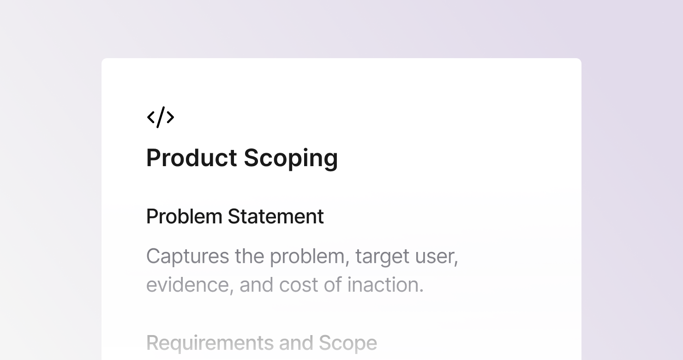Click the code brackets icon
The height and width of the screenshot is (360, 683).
click(161, 117)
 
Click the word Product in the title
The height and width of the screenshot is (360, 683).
click(192, 158)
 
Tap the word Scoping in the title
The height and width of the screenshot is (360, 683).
click(291, 158)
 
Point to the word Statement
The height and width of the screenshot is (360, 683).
click(276, 217)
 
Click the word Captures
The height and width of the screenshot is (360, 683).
click(187, 257)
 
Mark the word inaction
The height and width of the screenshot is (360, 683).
click(385, 284)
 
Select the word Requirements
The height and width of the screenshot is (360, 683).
click(210, 343)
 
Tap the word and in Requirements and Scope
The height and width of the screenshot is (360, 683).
click(296, 343)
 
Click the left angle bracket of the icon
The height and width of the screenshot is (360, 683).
click(151, 117)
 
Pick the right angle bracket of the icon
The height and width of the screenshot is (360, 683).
click(170, 117)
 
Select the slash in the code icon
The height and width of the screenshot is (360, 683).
click(161, 117)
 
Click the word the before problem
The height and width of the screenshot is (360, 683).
click(249, 256)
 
